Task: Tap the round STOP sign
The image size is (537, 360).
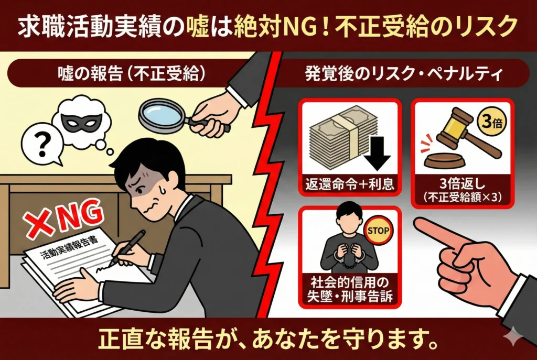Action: click(x=378, y=231)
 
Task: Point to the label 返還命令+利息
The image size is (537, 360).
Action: click(x=350, y=184)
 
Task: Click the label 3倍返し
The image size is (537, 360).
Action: click(x=463, y=184)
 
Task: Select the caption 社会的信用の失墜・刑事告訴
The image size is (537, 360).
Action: click(x=350, y=289)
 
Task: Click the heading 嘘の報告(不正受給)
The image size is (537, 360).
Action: click(x=132, y=73)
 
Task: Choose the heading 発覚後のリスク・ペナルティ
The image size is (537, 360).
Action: click(x=404, y=74)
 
